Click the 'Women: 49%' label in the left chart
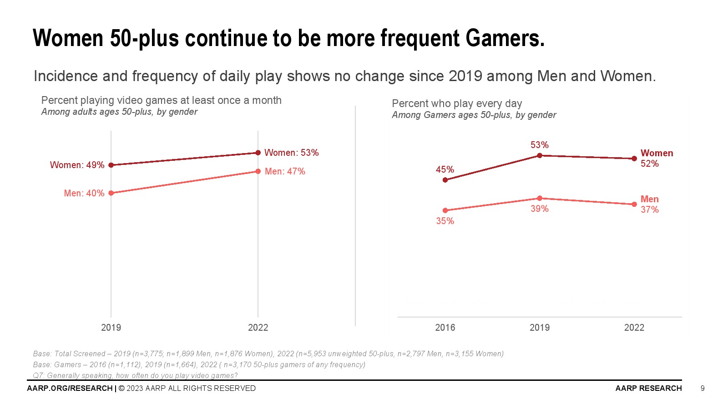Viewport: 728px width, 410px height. tap(77, 165)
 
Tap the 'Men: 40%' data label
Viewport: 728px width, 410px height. tap(84, 193)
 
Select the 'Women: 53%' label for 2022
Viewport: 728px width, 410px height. tap(291, 153)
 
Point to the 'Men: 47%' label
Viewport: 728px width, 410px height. tap(285, 171)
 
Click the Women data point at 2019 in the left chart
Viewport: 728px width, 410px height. tap(111, 165)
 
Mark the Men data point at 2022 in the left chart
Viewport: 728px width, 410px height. tap(258, 171)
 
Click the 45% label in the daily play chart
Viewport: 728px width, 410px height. tap(445, 169)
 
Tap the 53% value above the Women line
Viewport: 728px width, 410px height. tap(539, 145)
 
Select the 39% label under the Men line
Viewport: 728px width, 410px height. tap(539, 209)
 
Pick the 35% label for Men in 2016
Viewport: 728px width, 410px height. tap(445, 221)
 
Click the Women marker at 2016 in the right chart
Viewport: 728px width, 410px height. tap(445, 180)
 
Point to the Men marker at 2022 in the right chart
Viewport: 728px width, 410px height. tap(634, 205)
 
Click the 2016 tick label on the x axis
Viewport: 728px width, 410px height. tap(445, 328)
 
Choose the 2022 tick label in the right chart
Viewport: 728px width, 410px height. tap(634, 328)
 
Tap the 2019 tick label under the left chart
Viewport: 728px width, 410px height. tap(111, 328)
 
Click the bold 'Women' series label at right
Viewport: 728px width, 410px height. tap(657, 153)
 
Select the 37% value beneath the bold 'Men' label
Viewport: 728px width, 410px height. tap(649, 210)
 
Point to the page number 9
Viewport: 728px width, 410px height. tap(703, 388)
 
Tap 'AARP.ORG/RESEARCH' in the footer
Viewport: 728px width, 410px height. tap(70, 388)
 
